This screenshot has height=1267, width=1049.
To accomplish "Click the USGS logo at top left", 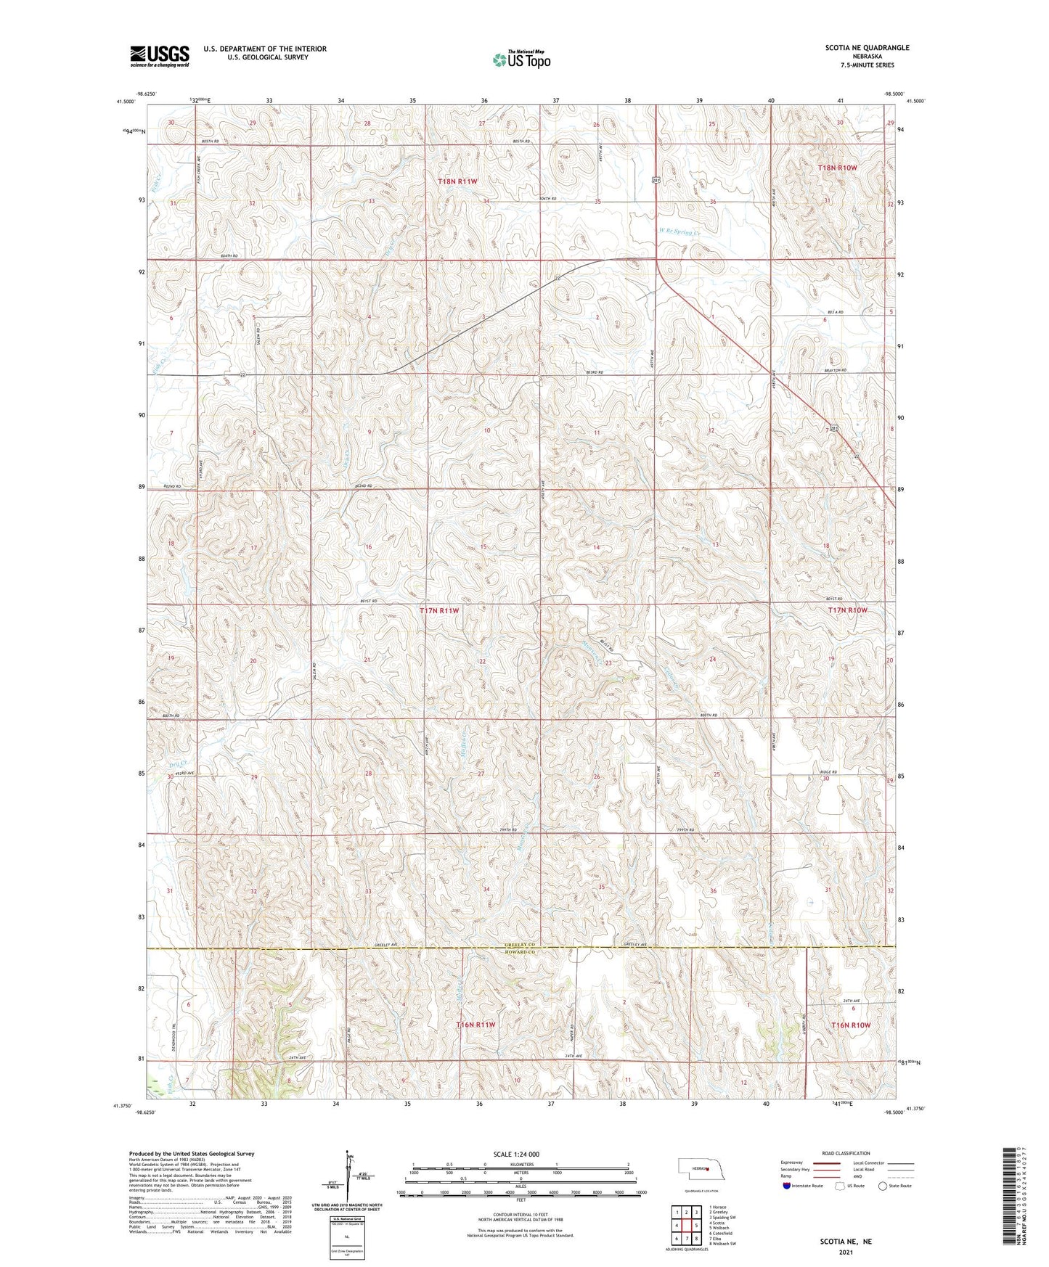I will pos(160,56).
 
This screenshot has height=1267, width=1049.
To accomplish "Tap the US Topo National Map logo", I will pos(521,60).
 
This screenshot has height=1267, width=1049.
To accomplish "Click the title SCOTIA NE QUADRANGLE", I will pos(867,48).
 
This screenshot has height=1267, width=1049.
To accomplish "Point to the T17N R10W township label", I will pos(847,610).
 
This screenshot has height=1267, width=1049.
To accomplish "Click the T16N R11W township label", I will pos(475,1025).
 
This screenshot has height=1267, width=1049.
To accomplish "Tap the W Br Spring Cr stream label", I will pos(680,232).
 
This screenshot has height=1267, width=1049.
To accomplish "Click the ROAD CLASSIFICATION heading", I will pos(846,1153).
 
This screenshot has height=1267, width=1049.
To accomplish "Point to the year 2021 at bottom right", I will pos(846,1252).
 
